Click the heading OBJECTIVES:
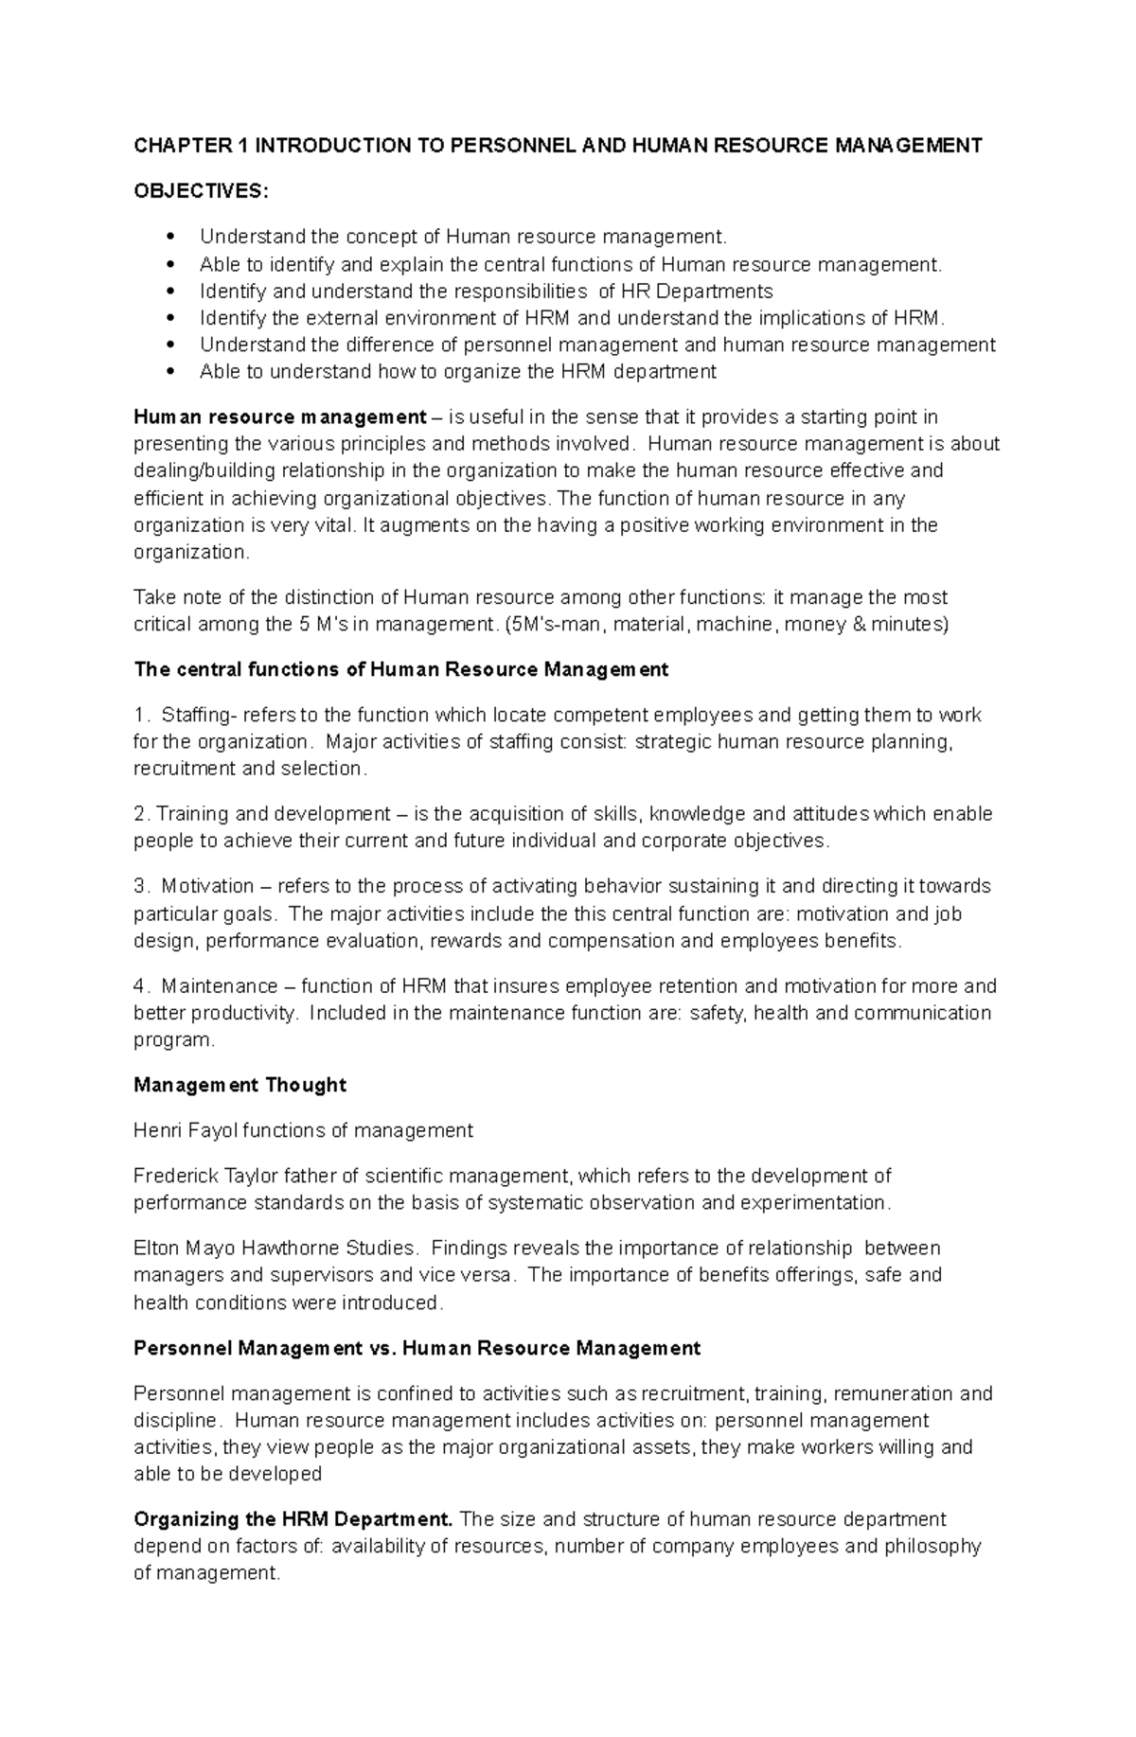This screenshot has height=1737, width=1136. (201, 191)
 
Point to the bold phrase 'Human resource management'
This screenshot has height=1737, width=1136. (280, 417)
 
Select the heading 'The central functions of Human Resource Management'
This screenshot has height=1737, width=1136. (401, 670)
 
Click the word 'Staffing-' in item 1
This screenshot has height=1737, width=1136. (201, 716)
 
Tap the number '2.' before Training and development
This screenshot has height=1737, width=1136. (142, 814)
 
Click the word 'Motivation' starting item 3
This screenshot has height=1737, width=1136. (207, 887)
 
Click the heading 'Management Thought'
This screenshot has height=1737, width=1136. (240, 1086)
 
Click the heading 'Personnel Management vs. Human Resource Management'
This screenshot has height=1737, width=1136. (417, 1348)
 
